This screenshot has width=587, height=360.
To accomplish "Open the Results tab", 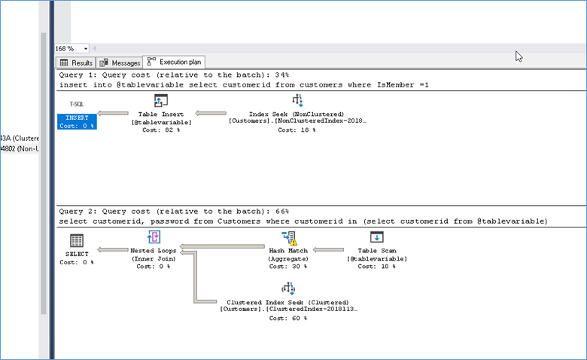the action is coord(76,63).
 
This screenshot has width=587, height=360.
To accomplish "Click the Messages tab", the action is coord(120,63).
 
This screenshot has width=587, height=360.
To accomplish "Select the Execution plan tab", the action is coord(174,62).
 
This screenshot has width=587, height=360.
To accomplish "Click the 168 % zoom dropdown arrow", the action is coord(86,49).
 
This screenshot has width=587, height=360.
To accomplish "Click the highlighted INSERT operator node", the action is coord(77,121).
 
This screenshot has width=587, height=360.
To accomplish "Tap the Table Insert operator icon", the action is coord(161,101).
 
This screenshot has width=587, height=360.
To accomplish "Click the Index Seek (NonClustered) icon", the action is coord(297,100).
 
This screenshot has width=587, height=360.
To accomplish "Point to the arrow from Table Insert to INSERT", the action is coord(113,113).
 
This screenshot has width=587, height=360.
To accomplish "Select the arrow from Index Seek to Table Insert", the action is coord(211,113).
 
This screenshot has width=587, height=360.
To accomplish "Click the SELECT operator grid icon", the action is coord(77,240).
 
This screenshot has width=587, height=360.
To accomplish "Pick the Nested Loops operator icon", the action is coord(154,237).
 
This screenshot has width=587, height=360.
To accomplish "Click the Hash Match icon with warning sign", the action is coord(289,237).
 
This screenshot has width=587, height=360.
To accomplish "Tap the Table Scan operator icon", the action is coord(376,237).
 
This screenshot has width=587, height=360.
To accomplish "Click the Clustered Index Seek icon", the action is coord(288,288).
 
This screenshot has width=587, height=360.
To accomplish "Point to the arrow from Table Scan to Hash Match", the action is coord(328,249).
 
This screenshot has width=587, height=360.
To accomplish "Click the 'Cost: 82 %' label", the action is coord(161,130).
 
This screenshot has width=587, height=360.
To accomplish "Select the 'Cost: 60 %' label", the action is coord(288,318).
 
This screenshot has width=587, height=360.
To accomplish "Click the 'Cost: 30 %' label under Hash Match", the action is coord(288,267).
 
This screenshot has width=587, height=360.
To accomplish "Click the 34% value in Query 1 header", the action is coord(281,75).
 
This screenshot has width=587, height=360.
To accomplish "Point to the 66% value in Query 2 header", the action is coord(281,212).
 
